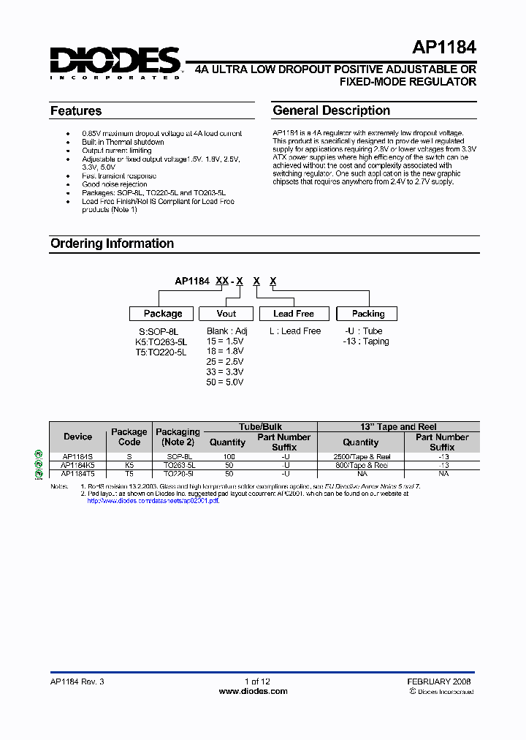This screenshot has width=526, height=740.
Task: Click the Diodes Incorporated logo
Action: click(x=115, y=63)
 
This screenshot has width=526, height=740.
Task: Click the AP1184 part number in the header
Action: click(x=444, y=48)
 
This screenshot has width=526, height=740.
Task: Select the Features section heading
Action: click(x=76, y=111)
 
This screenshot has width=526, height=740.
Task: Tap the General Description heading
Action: click(x=331, y=110)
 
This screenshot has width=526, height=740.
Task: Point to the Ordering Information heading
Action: click(x=112, y=243)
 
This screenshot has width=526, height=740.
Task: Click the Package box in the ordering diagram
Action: click(x=162, y=314)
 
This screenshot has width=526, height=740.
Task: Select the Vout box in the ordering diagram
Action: click(x=226, y=314)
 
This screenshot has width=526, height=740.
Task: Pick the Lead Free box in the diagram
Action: click(x=293, y=314)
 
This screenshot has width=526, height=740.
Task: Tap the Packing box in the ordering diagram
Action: click(x=367, y=314)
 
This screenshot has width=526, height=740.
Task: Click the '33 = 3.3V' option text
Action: click(x=225, y=371)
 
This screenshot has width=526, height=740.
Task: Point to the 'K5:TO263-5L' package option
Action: click(x=161, y=341)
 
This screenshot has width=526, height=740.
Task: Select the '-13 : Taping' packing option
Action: click(x=366, y=341)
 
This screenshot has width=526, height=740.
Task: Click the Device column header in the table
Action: click(x=77, y=437)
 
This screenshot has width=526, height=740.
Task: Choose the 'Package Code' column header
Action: click(x=129, y=437)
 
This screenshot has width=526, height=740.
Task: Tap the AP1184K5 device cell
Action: click(x=77, y=465)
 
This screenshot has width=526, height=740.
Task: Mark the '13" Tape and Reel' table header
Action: click(x=398, y=426)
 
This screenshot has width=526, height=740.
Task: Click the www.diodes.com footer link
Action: click(x=254, y=691)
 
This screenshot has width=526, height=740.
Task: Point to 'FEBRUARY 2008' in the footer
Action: click(x=439, y=681)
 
